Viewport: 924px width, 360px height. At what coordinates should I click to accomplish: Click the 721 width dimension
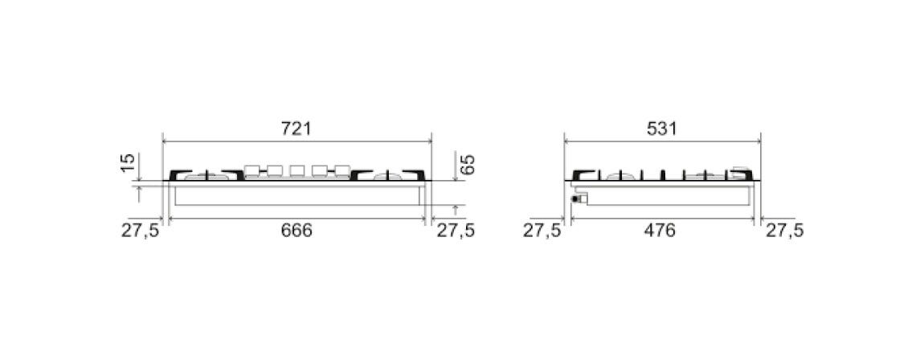pyautogui.click(x=296, y=129)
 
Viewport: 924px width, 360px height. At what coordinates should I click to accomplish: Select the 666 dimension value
pyautogui.click(x=296, y=231)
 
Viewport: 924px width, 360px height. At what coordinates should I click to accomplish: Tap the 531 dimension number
pyautogui.click(x=662, y=129)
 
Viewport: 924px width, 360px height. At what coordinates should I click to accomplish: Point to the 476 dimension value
pyautogui.click(x=660, y=231)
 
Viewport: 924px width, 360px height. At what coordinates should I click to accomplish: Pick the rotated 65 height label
pyautogui.click(x=467, y=163)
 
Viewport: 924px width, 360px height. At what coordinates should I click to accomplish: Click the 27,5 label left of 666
pyautogui.click(x=141, y=231)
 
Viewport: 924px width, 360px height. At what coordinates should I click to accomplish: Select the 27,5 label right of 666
pyautogui.click(x=456, y=231)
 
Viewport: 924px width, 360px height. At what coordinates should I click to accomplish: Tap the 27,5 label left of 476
pyautogui.click(x=542, y=231)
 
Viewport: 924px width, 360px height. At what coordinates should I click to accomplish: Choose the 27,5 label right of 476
pyautogui.click(x=784, y=231)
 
